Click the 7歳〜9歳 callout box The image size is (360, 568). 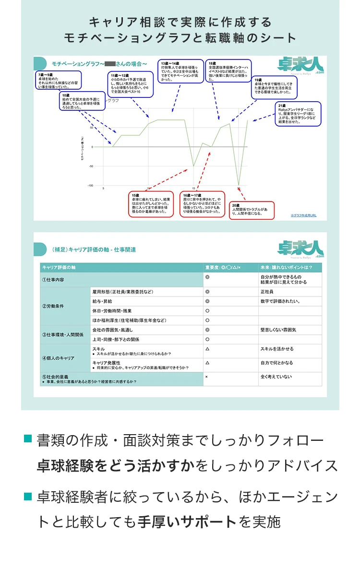[x=58, y=81]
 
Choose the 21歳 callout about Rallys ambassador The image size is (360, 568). [x=298, y=114]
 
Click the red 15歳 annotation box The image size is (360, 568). [x=151, y=204]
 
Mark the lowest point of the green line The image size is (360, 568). [x=239, y=185]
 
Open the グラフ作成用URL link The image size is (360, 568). [x=303, y=215]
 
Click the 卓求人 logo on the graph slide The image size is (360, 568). [x=300, y=65]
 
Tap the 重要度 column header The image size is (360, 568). [x=223, y=267]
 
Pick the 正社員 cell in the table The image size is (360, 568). [x=267, y=292]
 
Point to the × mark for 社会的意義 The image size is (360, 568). [x=206, y=377]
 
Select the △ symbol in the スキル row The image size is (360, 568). [x=207, y=349]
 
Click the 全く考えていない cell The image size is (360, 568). [x=276, y=377]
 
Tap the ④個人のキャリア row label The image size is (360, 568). [x=59, y=358]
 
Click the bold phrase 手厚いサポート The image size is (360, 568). [x=188, y=522]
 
